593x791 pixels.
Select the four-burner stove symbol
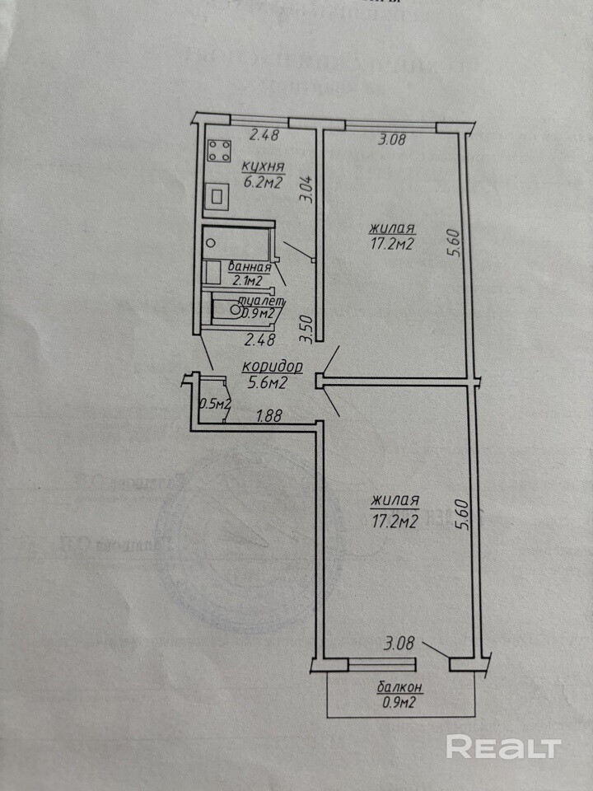point(218,150)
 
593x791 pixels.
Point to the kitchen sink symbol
point(218,196)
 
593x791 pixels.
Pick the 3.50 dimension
point(306,329)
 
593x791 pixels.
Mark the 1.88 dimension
point(269,417)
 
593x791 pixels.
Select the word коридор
point(273,367)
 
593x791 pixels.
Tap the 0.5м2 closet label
point(215,404)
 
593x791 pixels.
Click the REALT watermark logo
point(503,747)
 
